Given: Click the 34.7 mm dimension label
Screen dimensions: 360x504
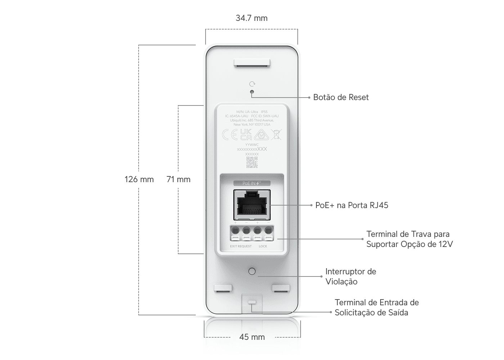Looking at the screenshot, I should pyautogui.click(x=252, y=18).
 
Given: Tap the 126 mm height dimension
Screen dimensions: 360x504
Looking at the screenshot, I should pyautogui.click(x=139, y=179).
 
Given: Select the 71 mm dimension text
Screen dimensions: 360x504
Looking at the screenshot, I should pyautogui.click(x=179, y=179).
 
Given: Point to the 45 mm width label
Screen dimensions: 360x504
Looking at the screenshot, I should pyautogui.click(x=252, y=337).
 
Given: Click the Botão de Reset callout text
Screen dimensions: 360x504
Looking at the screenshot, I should pyautogui.click(x=341, y=97).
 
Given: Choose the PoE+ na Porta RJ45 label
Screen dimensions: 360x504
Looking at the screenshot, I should pyautogui.click(x=352, y=205).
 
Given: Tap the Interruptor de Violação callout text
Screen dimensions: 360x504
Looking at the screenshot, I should pyautogui.click(x=351, y=276).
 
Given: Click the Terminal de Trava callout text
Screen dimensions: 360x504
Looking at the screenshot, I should pyautogui.click(x=409, y=239).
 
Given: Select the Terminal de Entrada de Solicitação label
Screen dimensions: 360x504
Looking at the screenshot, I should pyautogui.click(x=377, y=307).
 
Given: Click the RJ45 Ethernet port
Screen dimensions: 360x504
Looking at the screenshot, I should pyautogui.click(x=252, y=205).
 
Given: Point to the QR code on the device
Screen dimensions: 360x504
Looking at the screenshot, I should pyautogui.click(x=252, y=162).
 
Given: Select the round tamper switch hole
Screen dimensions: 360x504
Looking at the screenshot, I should pyautogui.click(x=252, y=271).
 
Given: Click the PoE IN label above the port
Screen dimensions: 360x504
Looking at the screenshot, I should pyautogui.click(x=252, y=183).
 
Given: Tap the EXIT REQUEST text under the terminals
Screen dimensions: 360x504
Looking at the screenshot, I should pyautogui.click(x=241, y=246).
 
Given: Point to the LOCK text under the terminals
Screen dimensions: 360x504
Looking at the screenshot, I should pyautogui.click(x=263, y=246).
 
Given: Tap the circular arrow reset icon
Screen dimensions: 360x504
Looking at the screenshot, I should pyautogui.click(x=252, y=84).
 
